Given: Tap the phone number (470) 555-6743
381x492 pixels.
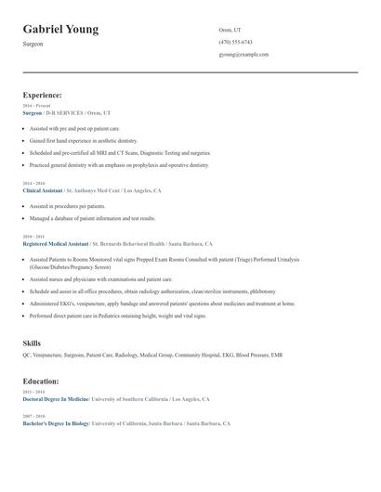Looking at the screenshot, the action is click(x=235, y=42).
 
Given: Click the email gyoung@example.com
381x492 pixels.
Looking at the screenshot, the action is click(x=243, y=55).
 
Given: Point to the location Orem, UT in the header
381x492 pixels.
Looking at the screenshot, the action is click(x=230, y=30).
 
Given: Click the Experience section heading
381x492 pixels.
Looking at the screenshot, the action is click(x=43, y=95).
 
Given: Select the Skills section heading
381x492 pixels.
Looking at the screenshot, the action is click(x=32, y=343).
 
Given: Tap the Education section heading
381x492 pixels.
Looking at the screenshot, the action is click(x=41, y=381).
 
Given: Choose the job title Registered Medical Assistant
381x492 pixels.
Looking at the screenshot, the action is click(x=56, y=243).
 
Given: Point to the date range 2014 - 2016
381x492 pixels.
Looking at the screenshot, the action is click(x=33, y=184).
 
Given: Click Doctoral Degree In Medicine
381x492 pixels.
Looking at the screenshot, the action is click(x=56, y=398).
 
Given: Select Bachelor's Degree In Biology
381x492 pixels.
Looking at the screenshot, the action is click(x=56, y=423).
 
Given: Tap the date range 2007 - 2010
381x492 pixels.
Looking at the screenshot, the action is click(x=33, y=416).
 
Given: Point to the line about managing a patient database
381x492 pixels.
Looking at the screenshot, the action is click(x=92, y=218).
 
